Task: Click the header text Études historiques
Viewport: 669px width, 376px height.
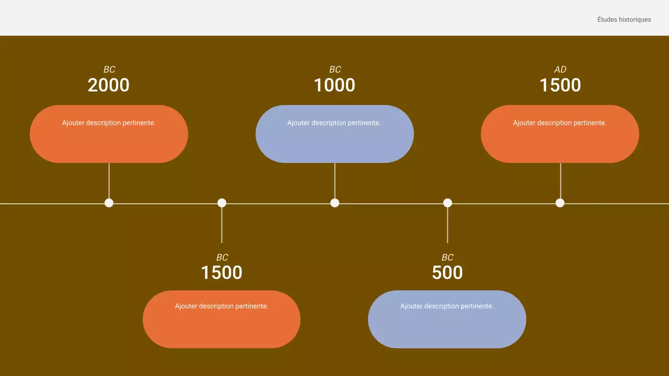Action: click(x=624, y=20)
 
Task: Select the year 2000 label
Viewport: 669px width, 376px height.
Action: click(x=109, y=85)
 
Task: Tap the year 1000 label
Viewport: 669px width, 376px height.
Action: click(x=334, y=85)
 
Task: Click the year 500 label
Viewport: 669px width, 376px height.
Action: click(x=447, y=273)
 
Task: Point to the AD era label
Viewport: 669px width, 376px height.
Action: click(x=560, y=69)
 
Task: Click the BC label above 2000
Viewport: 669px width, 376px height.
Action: click(x=109, y=69)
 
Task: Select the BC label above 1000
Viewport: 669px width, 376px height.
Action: click(x=335, y=69)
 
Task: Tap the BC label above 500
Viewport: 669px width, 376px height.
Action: click(x=447, y=257)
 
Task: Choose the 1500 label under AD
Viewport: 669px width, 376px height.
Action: click(x=560, y=85)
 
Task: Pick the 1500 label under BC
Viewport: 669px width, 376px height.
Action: click(x=222, y=273)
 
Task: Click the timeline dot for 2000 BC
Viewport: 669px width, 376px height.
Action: click(x=109, y=203)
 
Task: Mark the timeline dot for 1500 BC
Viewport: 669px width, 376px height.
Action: click(x=222, y=203)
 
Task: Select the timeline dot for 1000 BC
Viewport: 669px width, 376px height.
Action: click(x=334, y=203)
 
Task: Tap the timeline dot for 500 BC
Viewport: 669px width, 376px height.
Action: click(x=447, y=203)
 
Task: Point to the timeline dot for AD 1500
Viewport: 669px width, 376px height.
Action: click(x=560, y=203)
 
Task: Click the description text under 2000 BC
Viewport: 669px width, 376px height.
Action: click(x=109, y=123)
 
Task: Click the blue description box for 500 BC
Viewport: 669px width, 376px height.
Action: click(x=447, y=326)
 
